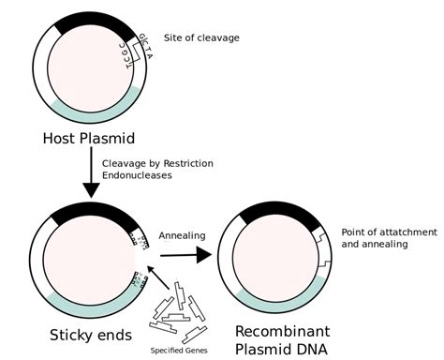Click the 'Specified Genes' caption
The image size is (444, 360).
179,351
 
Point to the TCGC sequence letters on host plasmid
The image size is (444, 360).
130,52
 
